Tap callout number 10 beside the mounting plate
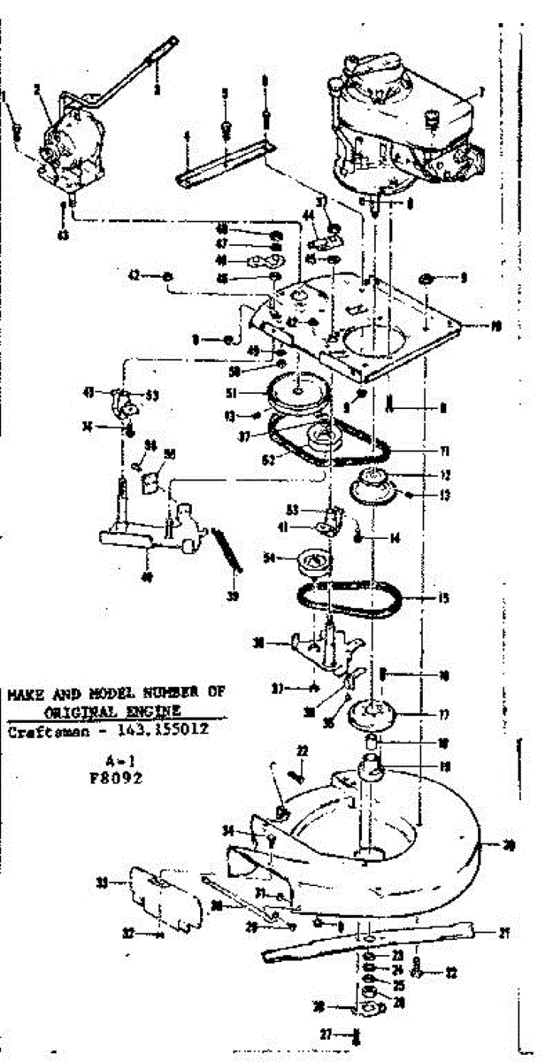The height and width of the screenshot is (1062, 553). point(496,326)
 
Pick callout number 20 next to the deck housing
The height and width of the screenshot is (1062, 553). point(509,845)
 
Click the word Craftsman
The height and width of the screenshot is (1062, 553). point(44,733)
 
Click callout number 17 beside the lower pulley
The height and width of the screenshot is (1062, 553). point(444,714)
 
